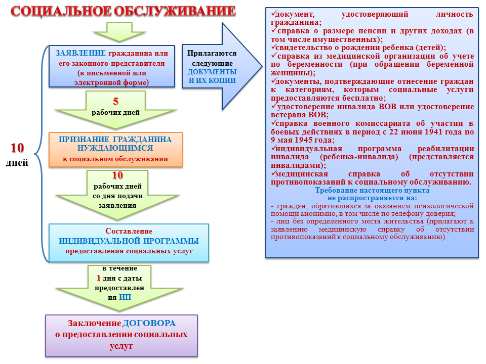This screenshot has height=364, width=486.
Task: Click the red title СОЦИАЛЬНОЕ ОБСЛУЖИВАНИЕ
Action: (x=123, y=12)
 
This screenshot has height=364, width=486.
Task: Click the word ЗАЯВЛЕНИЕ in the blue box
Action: (x=80, y=53)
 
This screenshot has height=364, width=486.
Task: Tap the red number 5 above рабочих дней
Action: (x=115, y=101)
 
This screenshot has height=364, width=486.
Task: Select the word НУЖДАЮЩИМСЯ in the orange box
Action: (x=115, y=148)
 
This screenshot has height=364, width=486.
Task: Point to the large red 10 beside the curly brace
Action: (x=17, y=148)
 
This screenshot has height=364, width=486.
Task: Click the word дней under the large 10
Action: (x=17, y=163)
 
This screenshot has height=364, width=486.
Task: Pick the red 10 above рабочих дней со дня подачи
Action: (x=117, y=175)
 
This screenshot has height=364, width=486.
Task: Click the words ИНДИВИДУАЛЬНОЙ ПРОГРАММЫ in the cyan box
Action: (x=129, y=241)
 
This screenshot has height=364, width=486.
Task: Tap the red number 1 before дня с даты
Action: (x=99, y=278)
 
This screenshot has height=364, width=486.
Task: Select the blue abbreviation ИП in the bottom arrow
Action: (x=125, y=297)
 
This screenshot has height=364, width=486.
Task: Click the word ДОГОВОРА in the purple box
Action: (x=149, y=323)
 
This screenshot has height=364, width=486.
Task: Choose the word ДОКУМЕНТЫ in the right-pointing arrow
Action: (x=212, y=72)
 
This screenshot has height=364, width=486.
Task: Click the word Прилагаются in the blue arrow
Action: (x=212, y=53)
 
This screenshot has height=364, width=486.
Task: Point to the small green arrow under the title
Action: (x=119, y=32)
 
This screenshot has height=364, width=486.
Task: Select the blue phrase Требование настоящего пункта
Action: (x=372, y=191)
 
